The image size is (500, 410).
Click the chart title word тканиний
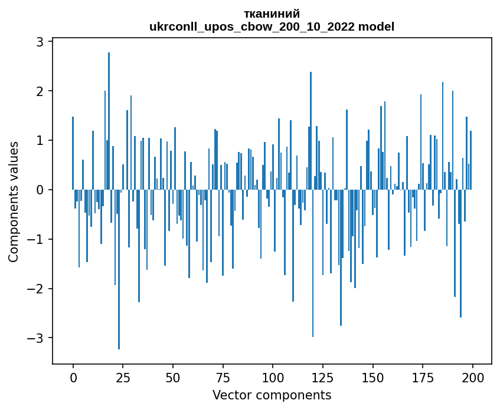[272, 14]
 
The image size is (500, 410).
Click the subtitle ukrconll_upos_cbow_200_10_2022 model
[272, 27]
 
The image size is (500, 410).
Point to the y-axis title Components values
[14, 201]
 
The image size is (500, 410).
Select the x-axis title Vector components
[272, 395]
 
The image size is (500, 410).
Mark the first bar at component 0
[73, 153]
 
